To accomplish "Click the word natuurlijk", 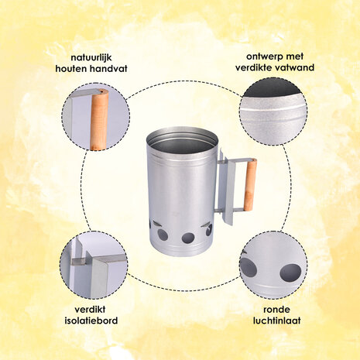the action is click(91, 57).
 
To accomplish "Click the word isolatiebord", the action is click(91, 321).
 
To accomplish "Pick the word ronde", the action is click(276, 309).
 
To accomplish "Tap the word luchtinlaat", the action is click(276, 321).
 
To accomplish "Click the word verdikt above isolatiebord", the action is click(90, 309).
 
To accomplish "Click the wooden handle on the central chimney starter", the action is click(250, 185).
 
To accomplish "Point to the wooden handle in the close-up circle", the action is click(99, 120).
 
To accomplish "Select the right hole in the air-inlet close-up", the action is click(290, 273).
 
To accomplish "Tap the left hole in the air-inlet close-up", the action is click(249, 267).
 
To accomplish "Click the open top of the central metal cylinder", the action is click(182, 142).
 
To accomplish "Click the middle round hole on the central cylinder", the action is click(188, 238).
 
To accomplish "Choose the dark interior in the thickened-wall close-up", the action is click(273, 89).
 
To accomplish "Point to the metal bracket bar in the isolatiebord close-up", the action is click(99, 259).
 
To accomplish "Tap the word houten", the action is click(71, 69).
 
